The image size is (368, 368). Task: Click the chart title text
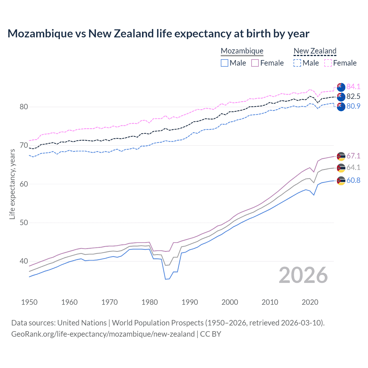158,34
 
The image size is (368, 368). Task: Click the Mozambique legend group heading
242,51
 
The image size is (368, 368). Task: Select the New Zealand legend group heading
315,51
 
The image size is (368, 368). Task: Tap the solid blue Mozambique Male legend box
225,63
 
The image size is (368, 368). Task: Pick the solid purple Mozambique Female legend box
255,63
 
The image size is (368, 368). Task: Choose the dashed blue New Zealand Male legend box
297,63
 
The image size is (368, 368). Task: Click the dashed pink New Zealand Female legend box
328,63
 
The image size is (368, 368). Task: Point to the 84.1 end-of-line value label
353,87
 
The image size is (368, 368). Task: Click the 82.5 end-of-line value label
353,96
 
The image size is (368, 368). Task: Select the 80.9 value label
353,106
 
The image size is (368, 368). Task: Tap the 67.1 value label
353,156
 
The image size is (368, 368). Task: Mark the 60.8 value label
353,180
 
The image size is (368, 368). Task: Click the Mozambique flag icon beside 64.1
341,168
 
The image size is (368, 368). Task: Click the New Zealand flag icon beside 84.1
341,87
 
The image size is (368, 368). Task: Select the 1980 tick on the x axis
149,302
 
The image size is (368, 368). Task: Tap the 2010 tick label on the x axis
270,302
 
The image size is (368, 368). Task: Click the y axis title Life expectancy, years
12,184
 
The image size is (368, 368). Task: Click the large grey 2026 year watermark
303,275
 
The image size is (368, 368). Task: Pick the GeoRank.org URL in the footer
103,334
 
